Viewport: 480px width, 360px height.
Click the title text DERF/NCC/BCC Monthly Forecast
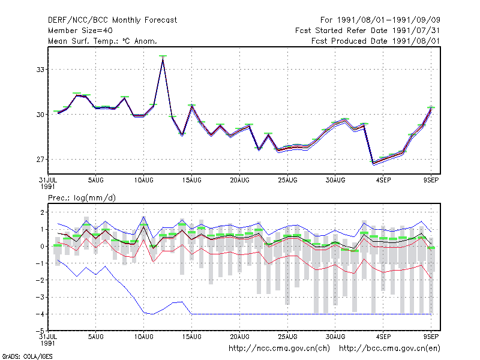click(x=112, y=20)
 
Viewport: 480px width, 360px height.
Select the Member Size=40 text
click(x=80, y=31)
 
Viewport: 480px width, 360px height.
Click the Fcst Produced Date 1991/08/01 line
click(x=376, y=41)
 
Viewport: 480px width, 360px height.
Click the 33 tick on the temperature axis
click(x=40, y=70)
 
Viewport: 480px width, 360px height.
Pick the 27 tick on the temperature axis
click(x=40, y=160)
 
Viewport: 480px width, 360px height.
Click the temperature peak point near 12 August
click(x=163, y=58)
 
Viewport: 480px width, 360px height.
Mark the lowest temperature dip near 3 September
click(x=373, y=163)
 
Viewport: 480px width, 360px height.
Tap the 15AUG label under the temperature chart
click(x=191, y=181)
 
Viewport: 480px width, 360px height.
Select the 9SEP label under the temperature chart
click(x=431, y=181)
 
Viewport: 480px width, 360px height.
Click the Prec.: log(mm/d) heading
click(x=82, y=198)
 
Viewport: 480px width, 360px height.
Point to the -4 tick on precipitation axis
click(x=40, y=314)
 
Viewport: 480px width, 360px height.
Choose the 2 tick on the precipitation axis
click(x=42, y=212)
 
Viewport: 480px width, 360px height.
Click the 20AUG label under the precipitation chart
click(x=239, y=337)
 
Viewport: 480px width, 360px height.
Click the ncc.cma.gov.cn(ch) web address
click(x=279, y=349)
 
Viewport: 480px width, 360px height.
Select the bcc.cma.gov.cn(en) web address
click(x=389, y=349)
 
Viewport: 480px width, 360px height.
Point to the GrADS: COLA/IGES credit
click(x=27, y=356)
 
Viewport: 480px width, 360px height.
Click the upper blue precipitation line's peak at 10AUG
click(x=143, y=217)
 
